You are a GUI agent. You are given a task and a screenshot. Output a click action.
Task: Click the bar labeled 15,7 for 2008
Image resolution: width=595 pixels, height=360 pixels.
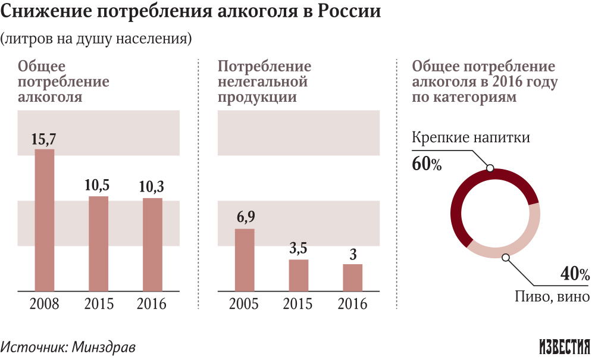45,220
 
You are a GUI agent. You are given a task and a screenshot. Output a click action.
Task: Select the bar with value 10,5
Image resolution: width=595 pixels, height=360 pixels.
99,244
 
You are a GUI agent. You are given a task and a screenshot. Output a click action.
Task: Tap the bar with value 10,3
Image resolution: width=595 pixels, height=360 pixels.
152,245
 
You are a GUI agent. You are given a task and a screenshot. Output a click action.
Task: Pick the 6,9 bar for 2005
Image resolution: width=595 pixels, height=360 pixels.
245,260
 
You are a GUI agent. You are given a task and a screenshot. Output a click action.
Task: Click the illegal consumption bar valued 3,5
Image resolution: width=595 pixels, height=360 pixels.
299,276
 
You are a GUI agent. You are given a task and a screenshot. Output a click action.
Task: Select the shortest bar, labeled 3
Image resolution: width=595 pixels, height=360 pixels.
353,278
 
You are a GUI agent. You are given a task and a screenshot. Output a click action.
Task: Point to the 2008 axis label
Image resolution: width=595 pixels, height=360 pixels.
45,304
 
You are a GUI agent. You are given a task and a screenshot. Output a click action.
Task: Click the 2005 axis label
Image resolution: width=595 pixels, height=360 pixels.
245,304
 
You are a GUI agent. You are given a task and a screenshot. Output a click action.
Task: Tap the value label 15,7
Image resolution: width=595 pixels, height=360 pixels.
45,139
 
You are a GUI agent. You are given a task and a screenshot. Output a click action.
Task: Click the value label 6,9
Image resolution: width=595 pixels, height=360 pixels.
245,218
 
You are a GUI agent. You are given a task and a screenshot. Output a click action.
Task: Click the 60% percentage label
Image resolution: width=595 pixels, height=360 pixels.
427,164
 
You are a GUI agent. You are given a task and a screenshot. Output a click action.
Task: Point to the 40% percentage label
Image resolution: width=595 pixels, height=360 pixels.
575,274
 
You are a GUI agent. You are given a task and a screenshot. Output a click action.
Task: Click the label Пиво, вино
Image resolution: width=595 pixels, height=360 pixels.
552,296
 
